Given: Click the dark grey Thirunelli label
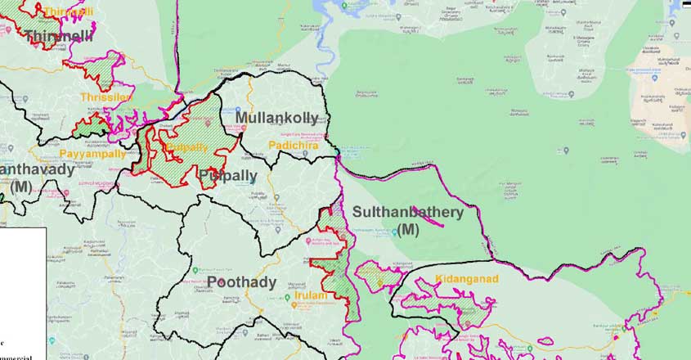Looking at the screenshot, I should pyautogui.click(x=57, y=36).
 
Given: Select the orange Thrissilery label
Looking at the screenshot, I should pyautogui.click(x=106, y=97).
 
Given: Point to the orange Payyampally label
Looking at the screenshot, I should pyautogui.click(x=92, y=153).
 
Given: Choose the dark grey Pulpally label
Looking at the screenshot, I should pyautogui.click(x=227, y=176).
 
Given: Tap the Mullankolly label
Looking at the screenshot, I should pyautogui.click(x=276, y=118).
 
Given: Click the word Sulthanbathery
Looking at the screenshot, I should pyautogui.click(x=407, y=212).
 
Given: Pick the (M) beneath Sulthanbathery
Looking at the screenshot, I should pyautogui.click(x=408, y=230).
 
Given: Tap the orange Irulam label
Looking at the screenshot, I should pyautogui.click(x=311, y=295).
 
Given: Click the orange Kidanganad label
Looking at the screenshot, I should pyautogui.click(x=467, y=279).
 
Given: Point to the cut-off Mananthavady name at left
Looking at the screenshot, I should pyautogui.click(x=37, y=170).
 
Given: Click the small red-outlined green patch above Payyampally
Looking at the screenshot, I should pyautogui.click(x=92, y=127).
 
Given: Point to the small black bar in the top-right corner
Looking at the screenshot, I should pyautogui.click(x=685, y=4).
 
